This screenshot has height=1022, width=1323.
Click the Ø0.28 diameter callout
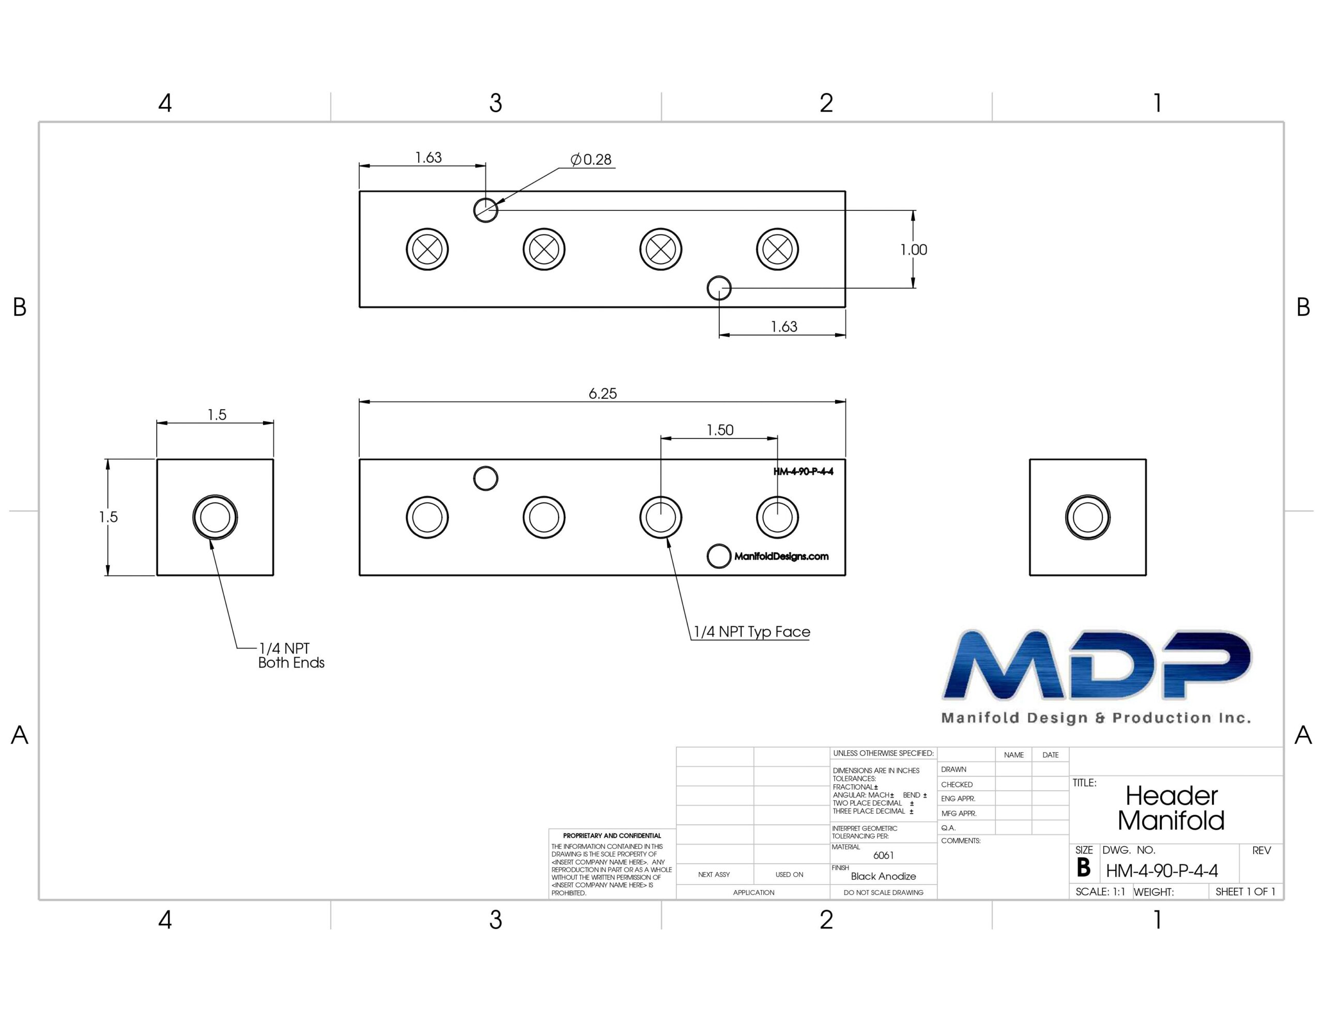pos(591,159)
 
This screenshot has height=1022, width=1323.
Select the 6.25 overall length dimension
pos(603,394)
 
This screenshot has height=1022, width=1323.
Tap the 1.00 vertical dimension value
pos(914,250)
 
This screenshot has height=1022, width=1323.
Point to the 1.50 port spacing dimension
pos(720,430)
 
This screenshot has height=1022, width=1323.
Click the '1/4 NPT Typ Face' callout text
pos(752,632)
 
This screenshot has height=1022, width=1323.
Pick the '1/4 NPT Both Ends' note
pos(291,656)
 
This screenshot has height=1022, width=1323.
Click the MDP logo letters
pos(1097,664)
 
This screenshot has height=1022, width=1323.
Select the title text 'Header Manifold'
pos(1171,808)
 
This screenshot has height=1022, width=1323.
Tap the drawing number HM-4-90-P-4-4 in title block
pos(1162,871)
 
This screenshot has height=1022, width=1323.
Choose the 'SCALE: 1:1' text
pos(1100,892)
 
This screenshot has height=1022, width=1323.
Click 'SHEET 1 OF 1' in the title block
pos(1245,892)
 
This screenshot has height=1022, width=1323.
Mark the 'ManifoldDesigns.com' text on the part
pos(781,556)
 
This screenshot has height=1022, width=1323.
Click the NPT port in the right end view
pos(1087,517)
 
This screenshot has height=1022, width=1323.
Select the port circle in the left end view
pos(215,517)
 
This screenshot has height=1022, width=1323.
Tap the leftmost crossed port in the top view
pos(427,249)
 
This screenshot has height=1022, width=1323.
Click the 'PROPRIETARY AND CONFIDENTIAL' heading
pos(612,836)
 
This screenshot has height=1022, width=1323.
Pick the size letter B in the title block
pos(1084,868)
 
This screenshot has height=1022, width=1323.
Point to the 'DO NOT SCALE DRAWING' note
pos(883,892)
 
